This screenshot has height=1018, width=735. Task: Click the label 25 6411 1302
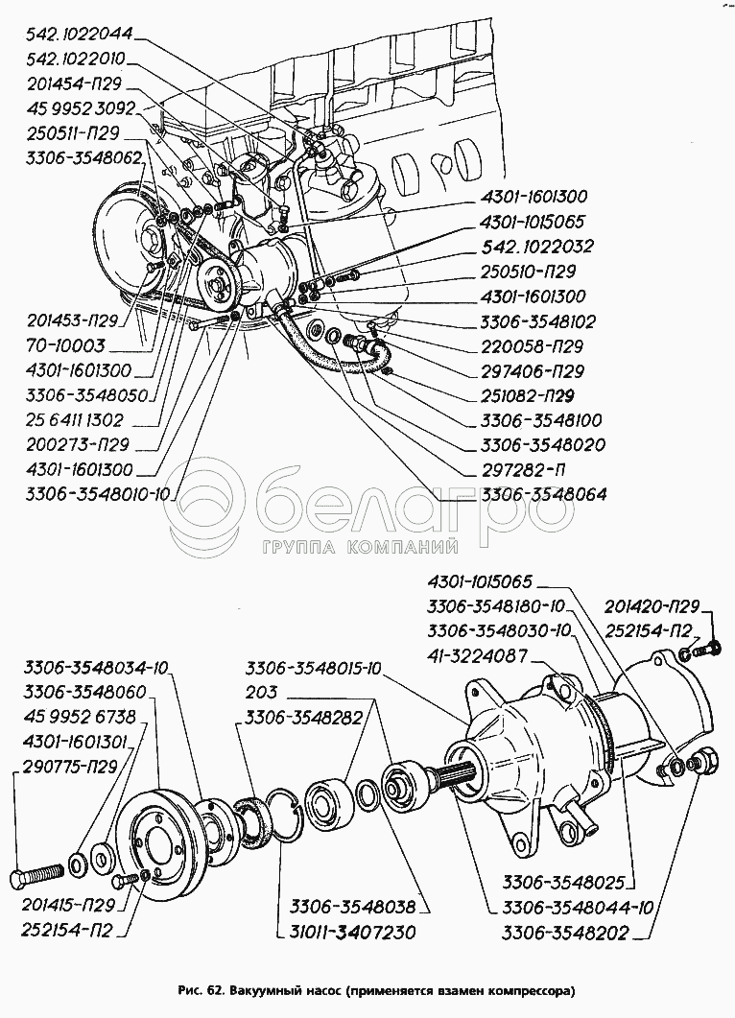coord(76,420)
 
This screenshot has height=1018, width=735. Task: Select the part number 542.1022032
coord(537,247)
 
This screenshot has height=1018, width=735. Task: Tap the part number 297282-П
coord(526,470)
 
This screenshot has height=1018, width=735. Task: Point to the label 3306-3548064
coord(544,495)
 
